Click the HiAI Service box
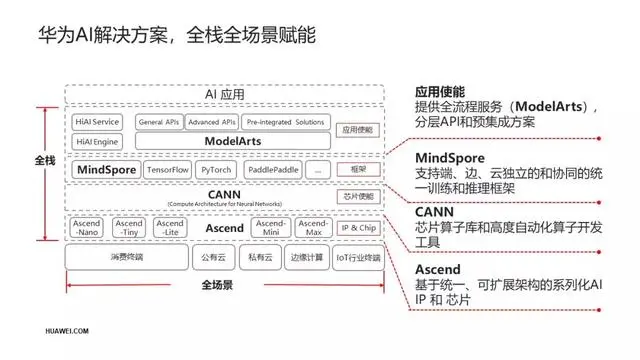(97, 122)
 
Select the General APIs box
(158, 122)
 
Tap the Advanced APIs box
(211, 122)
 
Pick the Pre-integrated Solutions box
(284, 122)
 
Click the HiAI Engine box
(97, 142)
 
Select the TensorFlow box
(167, 170)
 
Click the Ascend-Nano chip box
(87, 228)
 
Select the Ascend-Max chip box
(314, 228)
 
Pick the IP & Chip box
(359, 228)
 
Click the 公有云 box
(213, 257)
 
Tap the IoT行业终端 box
(358, 257)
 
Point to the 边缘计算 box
(307, 257)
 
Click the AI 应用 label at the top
(224, 95)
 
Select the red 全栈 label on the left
(45, 159)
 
